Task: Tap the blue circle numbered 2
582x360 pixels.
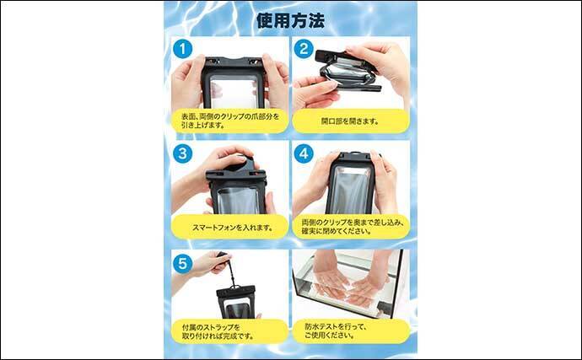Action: [x=304, y=49]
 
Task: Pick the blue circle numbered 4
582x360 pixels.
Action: [x=304, y=154]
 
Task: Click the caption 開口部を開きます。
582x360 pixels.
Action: [x=350, y=121]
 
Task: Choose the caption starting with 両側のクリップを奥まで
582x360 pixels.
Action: [x=350, y=227]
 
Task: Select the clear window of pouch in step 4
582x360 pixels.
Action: [x=348, y=190]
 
